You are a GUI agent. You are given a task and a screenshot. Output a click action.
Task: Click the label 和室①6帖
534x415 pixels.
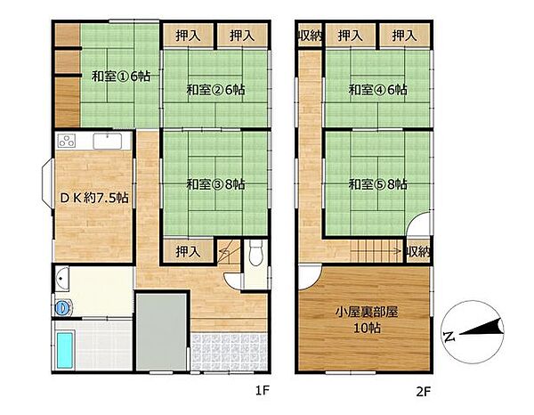pyautogui.click(x=121, y=77)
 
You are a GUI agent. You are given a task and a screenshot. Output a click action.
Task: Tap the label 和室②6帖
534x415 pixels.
pyautogui.click(x=215, y=90)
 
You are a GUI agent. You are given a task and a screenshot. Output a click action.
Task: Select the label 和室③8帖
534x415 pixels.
pyautogui.click(x=215, y=184)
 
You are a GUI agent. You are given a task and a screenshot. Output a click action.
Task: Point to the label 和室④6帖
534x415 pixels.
pyautogui.click(x=377, y=90)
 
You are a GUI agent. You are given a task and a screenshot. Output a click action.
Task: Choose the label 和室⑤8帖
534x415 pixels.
pyautogui.click(x=377, y=184)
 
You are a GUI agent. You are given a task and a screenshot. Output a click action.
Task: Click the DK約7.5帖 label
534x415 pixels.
pyautogui.click(x=94, y=198)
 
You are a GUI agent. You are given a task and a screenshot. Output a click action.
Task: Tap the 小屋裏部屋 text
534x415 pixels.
pyautogui.click(x=367, y=312)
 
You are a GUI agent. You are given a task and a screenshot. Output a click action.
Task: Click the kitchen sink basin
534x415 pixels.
pyautogui.click(x=108, y=141)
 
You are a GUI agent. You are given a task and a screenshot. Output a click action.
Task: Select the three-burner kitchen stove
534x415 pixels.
pyautogui.click(x=67, y=141)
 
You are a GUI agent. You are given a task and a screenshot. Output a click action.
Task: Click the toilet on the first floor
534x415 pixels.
pyautogui.click(x=255, y=252)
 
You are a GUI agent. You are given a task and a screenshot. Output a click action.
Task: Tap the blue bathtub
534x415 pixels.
pyautogui.click(x=65, y=350)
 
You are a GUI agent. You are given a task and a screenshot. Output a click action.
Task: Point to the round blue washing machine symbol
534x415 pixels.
pyautogui.click(x=62, y=308)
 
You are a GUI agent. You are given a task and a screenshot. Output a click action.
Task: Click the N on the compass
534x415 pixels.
pyautogui.click(x=449, y=336)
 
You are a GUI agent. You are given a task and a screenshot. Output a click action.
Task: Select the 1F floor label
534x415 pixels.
pyautogui.click(x=263, y=390)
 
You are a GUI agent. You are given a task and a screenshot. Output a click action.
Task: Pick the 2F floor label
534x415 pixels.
pyautogui.click(x=424, y=392)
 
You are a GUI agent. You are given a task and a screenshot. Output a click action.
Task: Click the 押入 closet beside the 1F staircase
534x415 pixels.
pyautogui.click(x=188, y=252)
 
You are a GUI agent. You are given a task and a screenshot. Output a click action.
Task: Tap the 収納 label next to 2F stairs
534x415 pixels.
pyautogui.click(x=418, y=252)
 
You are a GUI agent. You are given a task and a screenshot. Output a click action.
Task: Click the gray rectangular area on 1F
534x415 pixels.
pyautogui.click(x=161, y=332)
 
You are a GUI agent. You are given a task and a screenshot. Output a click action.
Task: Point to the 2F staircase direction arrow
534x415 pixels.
pyautogui.click(x=376, y=252)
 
